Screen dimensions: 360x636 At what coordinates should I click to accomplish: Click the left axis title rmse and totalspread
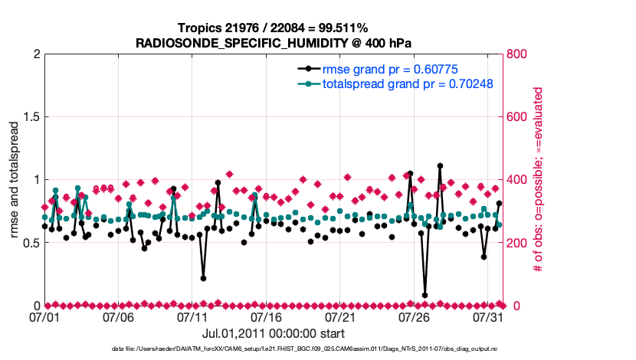15,180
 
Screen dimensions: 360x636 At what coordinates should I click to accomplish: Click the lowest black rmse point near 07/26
425,295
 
